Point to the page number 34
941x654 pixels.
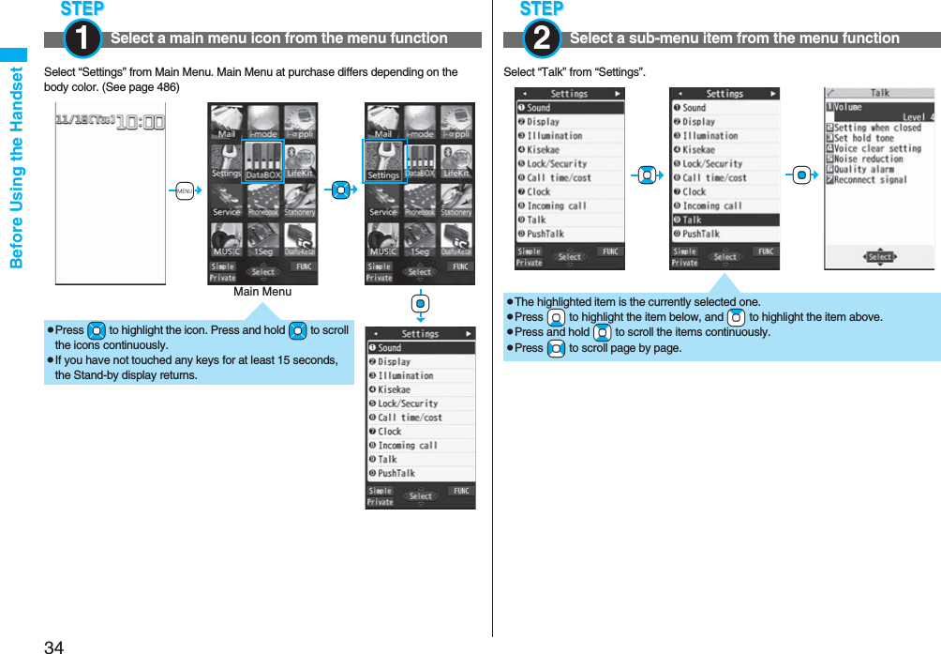tap(53, 646)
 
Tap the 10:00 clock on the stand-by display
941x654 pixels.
tap(141, 122)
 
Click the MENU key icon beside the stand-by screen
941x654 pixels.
tap(185, 191)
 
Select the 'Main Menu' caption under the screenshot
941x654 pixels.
tap(262, 292)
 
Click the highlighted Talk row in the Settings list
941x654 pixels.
tap(724, 220)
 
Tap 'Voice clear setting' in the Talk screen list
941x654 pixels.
tap(877, 148)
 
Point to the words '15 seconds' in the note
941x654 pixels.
tap(308, 360)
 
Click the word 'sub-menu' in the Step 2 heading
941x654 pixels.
tap(644, 38)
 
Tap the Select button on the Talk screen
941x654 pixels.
tap(879, 256)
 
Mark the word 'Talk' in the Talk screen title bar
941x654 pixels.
tap(880, 93)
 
